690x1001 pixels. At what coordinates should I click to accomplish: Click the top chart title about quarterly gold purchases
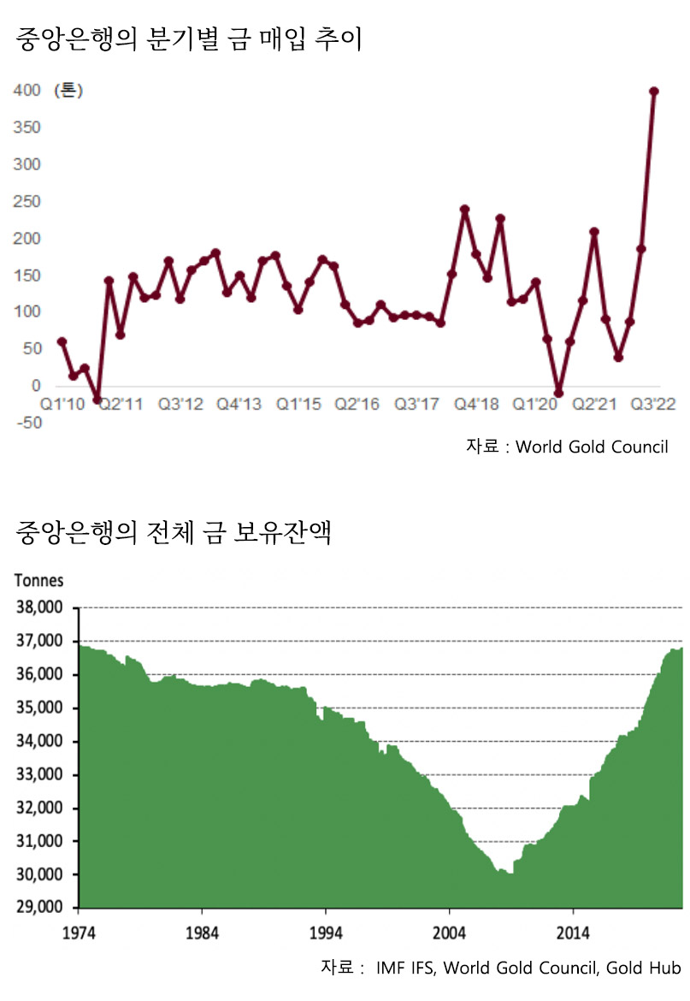[x=189, y=39]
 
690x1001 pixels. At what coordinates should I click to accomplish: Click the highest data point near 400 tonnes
[x=654, y=92]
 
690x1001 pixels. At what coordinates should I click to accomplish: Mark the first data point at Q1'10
[x=62, y=341]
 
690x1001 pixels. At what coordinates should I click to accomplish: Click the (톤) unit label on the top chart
[x=69, y=91]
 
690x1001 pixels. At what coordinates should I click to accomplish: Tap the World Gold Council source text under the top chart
[x=592, y=447]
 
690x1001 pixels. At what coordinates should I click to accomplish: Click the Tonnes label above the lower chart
[x=38, y=580]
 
